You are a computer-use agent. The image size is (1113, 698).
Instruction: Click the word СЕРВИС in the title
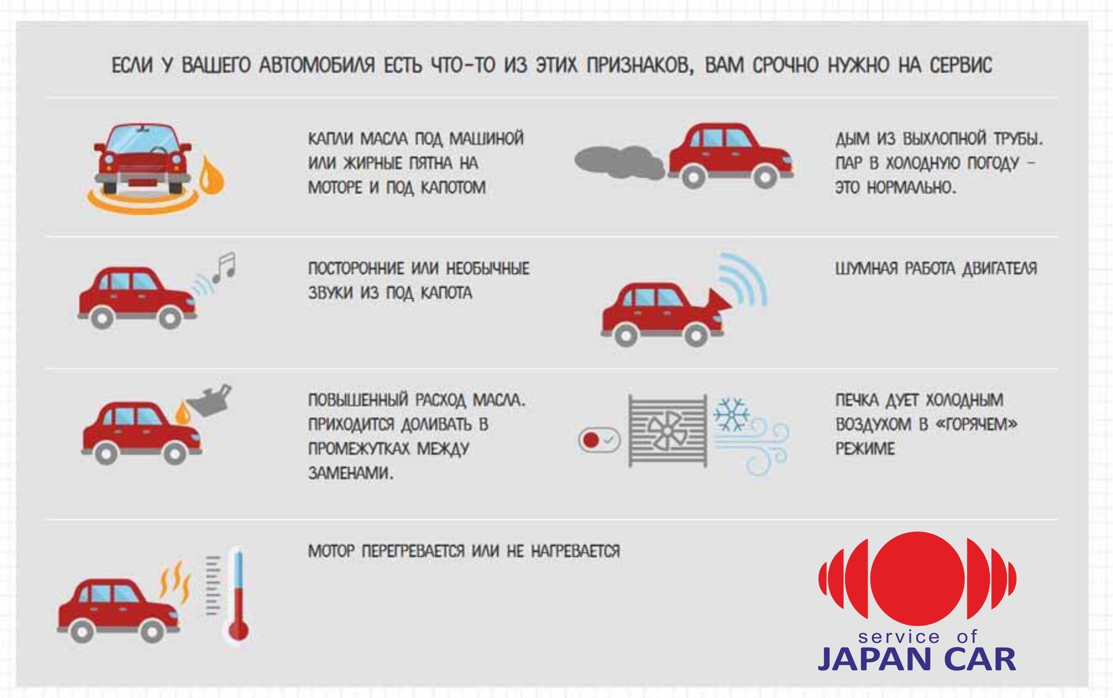click(961, 65)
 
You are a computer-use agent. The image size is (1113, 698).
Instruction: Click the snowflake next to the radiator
click(731, 414)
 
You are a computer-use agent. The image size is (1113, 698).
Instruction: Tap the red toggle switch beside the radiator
click(599, 440)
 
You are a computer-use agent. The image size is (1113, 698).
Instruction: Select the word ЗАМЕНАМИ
click(350, 473)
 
